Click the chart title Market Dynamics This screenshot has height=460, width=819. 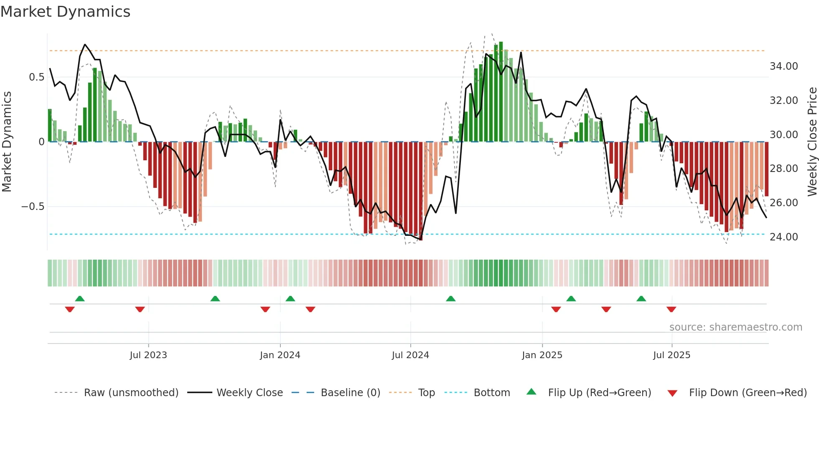tap(65, 12)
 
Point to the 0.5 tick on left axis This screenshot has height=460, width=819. tap(36, 77)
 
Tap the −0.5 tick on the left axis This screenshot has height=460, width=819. tap(33, 207)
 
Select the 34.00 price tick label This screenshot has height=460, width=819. tap(783, 66)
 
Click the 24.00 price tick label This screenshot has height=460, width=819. tap(783, 237)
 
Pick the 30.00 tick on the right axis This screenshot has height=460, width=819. tap(783, 135)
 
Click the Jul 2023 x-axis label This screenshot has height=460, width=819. tap(148, 355)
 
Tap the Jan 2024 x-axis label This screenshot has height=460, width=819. tap(280, 355)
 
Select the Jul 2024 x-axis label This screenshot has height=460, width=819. tap(410, 355)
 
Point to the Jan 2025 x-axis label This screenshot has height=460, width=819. tap(542, 355)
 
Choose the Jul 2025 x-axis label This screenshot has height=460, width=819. tap(671, 355)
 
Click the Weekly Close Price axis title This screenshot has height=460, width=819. tap(812, 142)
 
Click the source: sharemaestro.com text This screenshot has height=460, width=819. tap(735, 327)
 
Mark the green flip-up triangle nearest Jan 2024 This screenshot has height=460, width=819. tap(290, 299)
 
